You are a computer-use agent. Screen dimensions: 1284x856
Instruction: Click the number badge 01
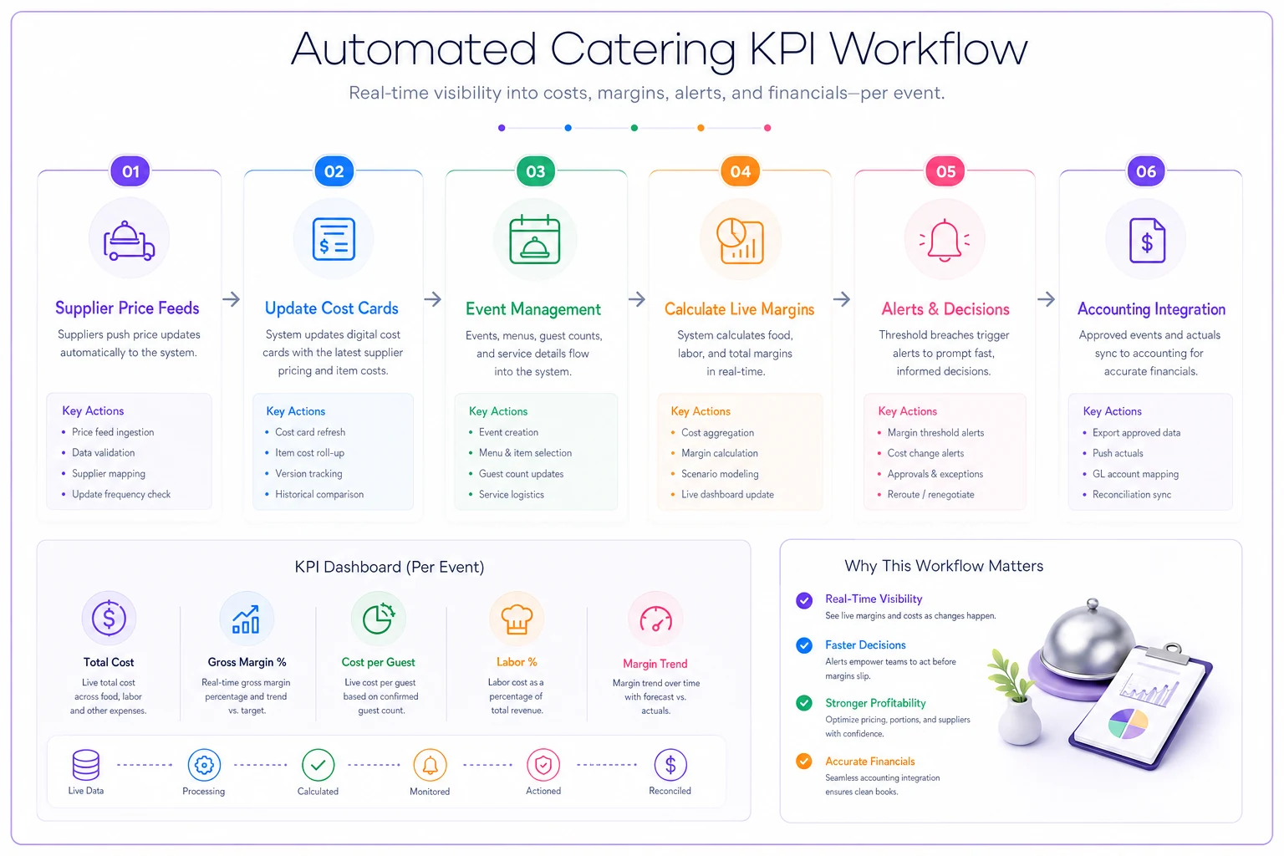[x=130, y=171]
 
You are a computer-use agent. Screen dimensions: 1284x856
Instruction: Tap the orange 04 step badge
[x=740, y=171]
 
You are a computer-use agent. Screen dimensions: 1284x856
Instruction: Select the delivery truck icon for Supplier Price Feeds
[x=129, y=241]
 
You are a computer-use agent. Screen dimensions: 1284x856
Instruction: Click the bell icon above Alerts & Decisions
[x=944, y=240]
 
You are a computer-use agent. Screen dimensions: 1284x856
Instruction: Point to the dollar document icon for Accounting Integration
[x=1147, y=241]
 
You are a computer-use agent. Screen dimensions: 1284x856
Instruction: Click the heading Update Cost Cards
[x=331, y=308]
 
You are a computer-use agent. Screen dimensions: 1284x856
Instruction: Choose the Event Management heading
[x=533, y=309]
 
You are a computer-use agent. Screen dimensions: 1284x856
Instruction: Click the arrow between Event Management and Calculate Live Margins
[x=637, y=298]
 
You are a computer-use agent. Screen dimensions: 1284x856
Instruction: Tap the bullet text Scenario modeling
[x=720, y=474]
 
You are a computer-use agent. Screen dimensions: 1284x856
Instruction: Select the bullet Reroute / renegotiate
[x=930, y=494]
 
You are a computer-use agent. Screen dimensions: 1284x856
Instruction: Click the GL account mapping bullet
[x=1135, y=474]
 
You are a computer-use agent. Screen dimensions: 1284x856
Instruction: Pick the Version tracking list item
[x=308, y=473]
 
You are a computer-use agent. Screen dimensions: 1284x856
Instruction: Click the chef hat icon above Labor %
[x=517, y=619]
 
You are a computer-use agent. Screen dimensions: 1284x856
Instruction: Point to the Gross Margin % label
[x=247, y=661]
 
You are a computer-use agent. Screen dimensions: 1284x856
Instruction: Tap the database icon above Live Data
[x=86, y=764]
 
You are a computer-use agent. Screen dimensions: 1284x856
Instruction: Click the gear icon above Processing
[x=204, y=764]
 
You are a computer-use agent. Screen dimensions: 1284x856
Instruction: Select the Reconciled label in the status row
[x=670, y=791]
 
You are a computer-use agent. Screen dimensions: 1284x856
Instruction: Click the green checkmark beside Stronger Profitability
[x=803, y=703]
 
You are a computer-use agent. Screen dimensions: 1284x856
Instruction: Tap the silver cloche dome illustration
[x=1087, y=642]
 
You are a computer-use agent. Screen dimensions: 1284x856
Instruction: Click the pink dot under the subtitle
[x=767, y=128]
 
